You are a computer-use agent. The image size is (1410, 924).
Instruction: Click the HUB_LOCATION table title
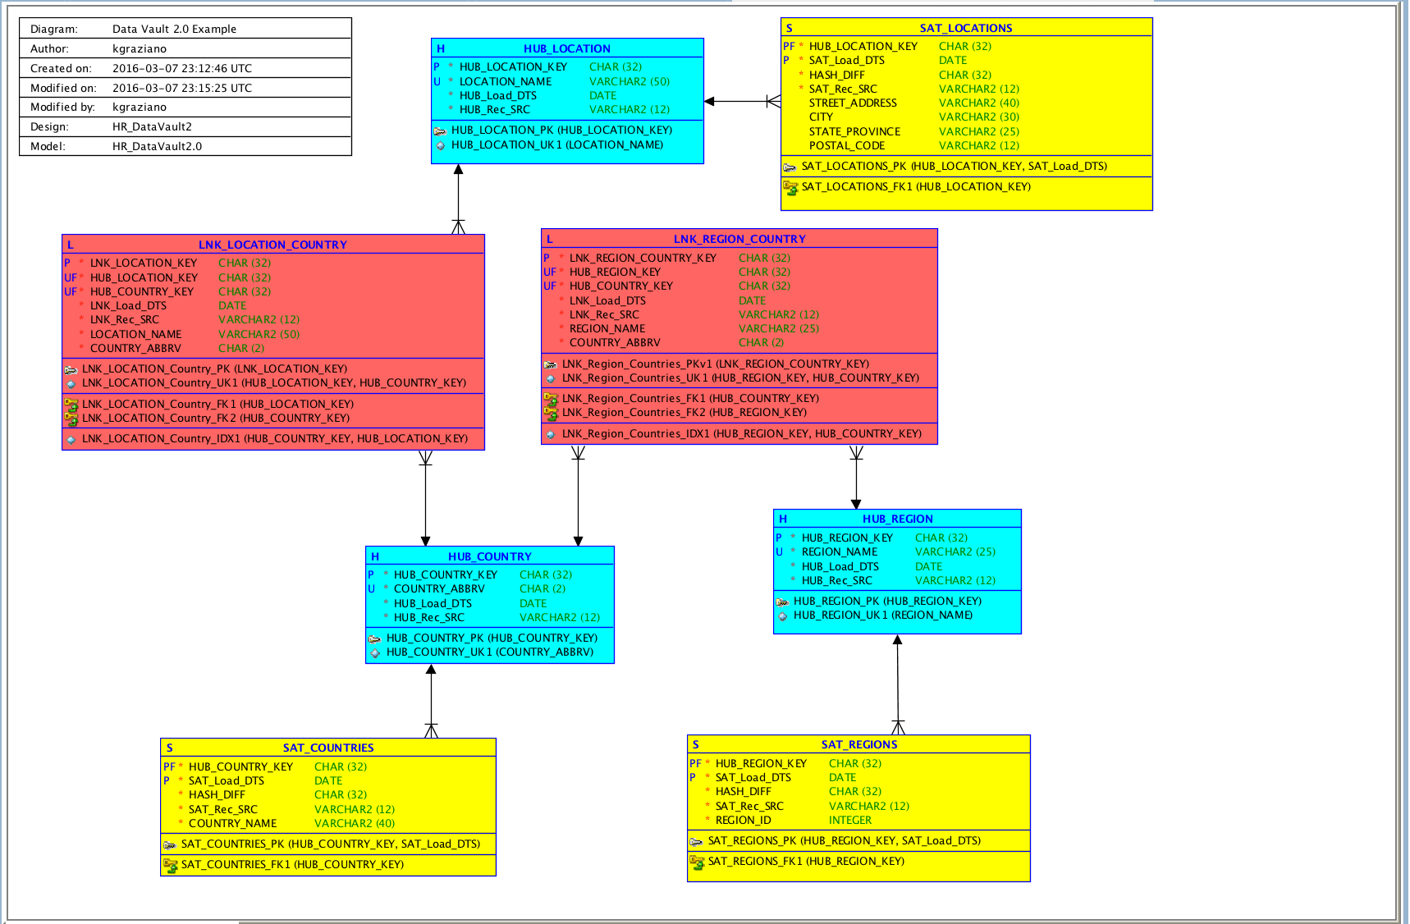coord(566,48)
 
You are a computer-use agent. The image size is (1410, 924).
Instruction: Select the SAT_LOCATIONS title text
coord(965,28)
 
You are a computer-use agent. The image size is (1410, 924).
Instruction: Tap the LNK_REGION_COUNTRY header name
coord(739,239)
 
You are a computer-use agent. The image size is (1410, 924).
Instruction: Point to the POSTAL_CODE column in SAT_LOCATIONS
coord(846,145)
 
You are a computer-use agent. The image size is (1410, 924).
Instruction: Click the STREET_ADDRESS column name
coord(852,103)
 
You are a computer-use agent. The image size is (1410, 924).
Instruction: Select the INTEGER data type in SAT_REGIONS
coord(849,820)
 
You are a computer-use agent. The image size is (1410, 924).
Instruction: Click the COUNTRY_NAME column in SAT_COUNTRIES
coord(232,823)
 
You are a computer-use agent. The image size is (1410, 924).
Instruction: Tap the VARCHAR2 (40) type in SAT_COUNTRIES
coord(354,823)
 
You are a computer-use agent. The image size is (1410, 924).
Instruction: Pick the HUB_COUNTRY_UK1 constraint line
coord(489,652)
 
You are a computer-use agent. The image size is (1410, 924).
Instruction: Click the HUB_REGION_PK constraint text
coord(886,601)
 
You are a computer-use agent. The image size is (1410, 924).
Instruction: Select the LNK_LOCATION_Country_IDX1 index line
coord(274,439)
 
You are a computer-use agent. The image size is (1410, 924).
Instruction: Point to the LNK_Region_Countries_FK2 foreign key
coord(684,413)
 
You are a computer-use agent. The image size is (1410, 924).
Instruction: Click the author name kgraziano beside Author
coord(140,48)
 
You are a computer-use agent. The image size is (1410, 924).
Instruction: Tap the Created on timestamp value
coord(182,68)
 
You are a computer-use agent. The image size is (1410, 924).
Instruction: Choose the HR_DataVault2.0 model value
coord(157,146)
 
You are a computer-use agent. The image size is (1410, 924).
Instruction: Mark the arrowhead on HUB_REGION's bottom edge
coord(897,640)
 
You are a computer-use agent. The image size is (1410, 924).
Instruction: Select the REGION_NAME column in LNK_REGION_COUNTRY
coord(607,328)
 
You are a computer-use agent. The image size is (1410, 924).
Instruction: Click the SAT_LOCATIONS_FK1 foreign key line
coord(915,187)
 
